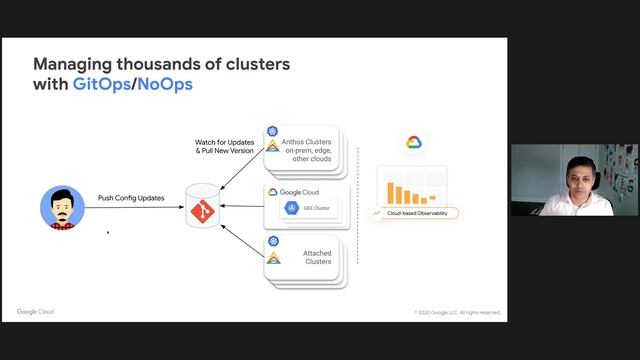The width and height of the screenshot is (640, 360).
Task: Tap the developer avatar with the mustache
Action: click(x=61, y=207)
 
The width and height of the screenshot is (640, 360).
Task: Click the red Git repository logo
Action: click(x=202, y=211)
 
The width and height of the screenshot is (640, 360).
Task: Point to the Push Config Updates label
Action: click(x=131, y=198)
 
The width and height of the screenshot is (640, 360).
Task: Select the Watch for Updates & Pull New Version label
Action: click(x=225, y=147)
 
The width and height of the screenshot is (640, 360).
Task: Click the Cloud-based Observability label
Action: click(x=416, y=213)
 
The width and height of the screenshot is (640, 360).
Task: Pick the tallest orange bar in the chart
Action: click(x=393, y=193)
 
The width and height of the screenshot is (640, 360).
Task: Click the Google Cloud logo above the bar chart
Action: click(x=414, y=143)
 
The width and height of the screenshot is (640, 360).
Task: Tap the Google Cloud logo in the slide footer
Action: click(x=36, y=312)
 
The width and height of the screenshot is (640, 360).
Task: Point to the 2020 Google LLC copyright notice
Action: click(x=457, y=312)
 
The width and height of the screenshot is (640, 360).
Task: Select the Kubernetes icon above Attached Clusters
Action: click(x=272, y=241)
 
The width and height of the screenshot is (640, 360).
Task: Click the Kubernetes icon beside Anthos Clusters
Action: click(x=272, y=131)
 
